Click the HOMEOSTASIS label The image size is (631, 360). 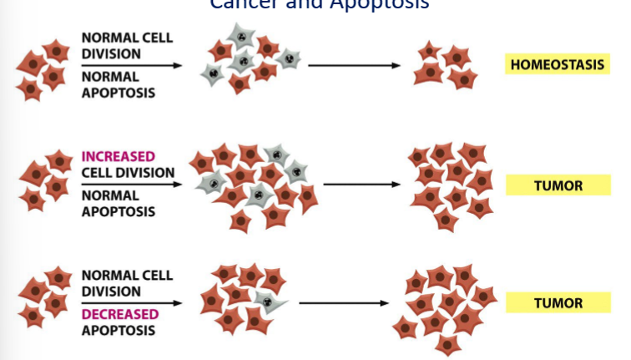[556, 64]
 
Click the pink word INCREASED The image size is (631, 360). [119, 156]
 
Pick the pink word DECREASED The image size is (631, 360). [120, 314]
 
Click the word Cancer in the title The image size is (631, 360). [240, 4]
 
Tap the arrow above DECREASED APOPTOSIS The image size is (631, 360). [132, 303]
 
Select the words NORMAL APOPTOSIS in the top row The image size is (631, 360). [118, 84]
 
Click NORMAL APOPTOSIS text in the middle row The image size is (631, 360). [118, 203]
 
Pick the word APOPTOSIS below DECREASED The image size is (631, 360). [118, 330]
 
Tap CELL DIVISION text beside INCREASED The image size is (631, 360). [128, 172]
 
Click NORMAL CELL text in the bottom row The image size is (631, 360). [127, 275]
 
